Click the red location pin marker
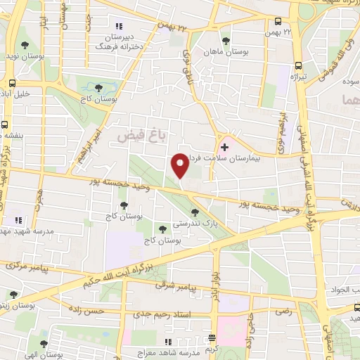[x=180, y=165]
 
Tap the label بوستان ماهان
[x=225, y=51]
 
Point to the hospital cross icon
[x=224, y=148]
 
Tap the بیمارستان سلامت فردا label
[x=254, y=159]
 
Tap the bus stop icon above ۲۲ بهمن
[x=278, y=22]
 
